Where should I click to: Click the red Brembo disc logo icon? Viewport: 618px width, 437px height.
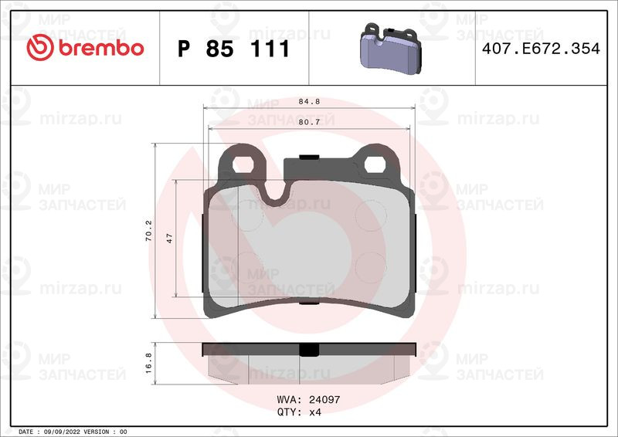(x=40, y=47)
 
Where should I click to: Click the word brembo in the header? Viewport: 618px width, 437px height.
(x=101, y=48)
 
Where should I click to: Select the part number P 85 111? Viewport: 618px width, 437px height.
(x=234, y=49)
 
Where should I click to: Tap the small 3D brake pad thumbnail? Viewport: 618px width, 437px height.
(x=391, y=48)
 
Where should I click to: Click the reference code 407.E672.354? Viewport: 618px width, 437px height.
(x=541, y=49)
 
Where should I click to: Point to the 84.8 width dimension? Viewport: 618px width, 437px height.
(x=309, y=102)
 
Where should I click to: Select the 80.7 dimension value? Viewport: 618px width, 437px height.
(x=309, y=122)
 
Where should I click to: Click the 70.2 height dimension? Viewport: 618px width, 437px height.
(x=148, y=231)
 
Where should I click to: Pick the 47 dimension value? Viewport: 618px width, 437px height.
(x=169, y=238)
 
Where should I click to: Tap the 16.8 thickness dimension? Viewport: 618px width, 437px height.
(x=148, y=363)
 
